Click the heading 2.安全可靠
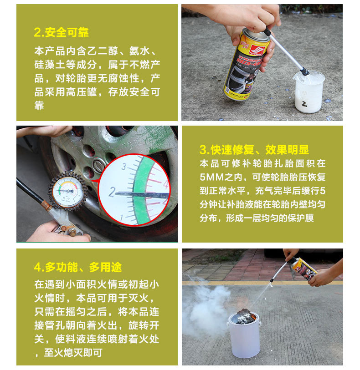coord(61,32)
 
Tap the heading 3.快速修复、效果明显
coord(254,150)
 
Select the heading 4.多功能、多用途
coord(78,267)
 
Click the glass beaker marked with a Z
coord(309,92)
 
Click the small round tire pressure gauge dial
coord(67,191)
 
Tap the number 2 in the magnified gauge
coord(112,192)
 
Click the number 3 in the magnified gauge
coord(124,167)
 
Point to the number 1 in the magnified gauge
coord(122,218)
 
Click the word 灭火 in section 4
coord(139,298)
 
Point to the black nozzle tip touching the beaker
coord(305,71)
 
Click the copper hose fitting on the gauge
coord(46,205)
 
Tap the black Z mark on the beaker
coord(305,104)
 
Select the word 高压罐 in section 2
coord(82,92)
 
